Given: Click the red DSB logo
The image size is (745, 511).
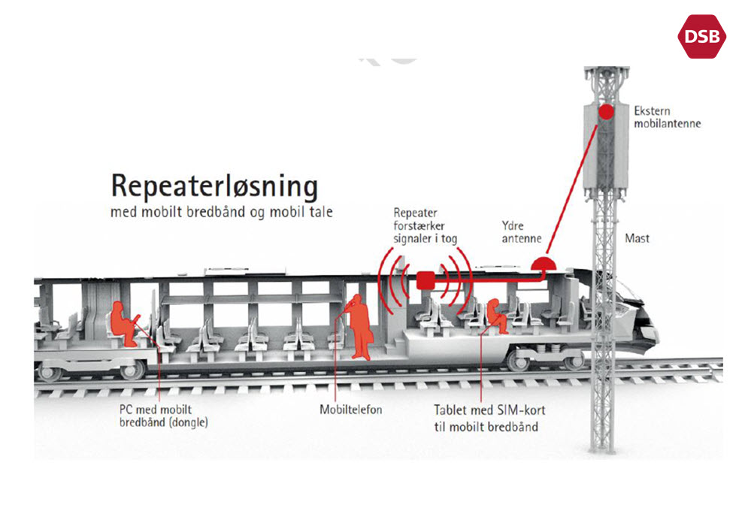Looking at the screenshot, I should click(702, 36).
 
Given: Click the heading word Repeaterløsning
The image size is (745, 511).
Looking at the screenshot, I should click(214, 186).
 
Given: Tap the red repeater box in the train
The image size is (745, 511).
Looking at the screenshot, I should click(426, 279).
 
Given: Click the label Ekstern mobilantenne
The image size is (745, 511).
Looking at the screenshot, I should click(666, 116).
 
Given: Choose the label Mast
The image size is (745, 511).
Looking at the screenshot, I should click(637, 239).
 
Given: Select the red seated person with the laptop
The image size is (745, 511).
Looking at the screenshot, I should click(124, 324).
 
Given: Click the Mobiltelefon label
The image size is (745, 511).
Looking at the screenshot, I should click(351, 410).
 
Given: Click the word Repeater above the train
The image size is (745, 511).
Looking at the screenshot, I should click(415, 213).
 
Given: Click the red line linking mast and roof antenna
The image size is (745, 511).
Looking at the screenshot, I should click(575, 187).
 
